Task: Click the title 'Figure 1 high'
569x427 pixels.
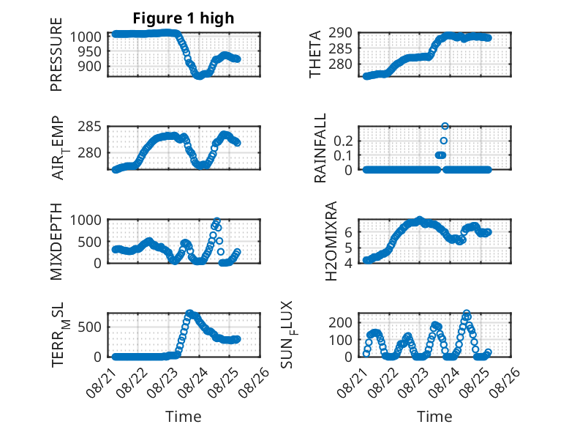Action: pyautogui.click(x=184, y=18)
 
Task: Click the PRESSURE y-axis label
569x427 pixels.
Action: pyautogui.click(x=56, y=54)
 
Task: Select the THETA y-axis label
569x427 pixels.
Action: pyautogui.click(x=315, y=54)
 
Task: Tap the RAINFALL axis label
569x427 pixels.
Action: pyautogui.click(x=320, y=148)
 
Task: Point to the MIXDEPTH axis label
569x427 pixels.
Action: pyautogui.click(x=56, y=241)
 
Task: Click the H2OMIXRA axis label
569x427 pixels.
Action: pyautogui.click(x=331, y=241)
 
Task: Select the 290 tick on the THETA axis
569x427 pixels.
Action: pyautogui.click(x=340, y=33)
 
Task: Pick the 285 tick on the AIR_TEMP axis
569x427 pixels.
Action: pyautogui.click(x=89, y=127)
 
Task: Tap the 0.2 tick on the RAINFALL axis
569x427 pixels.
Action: pyautogui.click(x=343, y=141)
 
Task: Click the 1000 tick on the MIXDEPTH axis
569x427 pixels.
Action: pyautogui.click(x=86, y=220)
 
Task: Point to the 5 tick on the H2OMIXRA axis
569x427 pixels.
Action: pyautogui.click(x=349, y=248)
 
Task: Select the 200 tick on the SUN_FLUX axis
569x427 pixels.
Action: pyautogui.click(x=340, y=322)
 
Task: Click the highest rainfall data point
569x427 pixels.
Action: pyautogui.click(x=445, y=126)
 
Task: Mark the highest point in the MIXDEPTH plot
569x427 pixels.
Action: pyautogui.click(x=217, y=220)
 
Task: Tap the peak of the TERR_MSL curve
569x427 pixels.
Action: pyautogui.click(x=189, y=313)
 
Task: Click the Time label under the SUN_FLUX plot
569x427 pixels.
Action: pyautogui.click(x=434, y=417)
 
